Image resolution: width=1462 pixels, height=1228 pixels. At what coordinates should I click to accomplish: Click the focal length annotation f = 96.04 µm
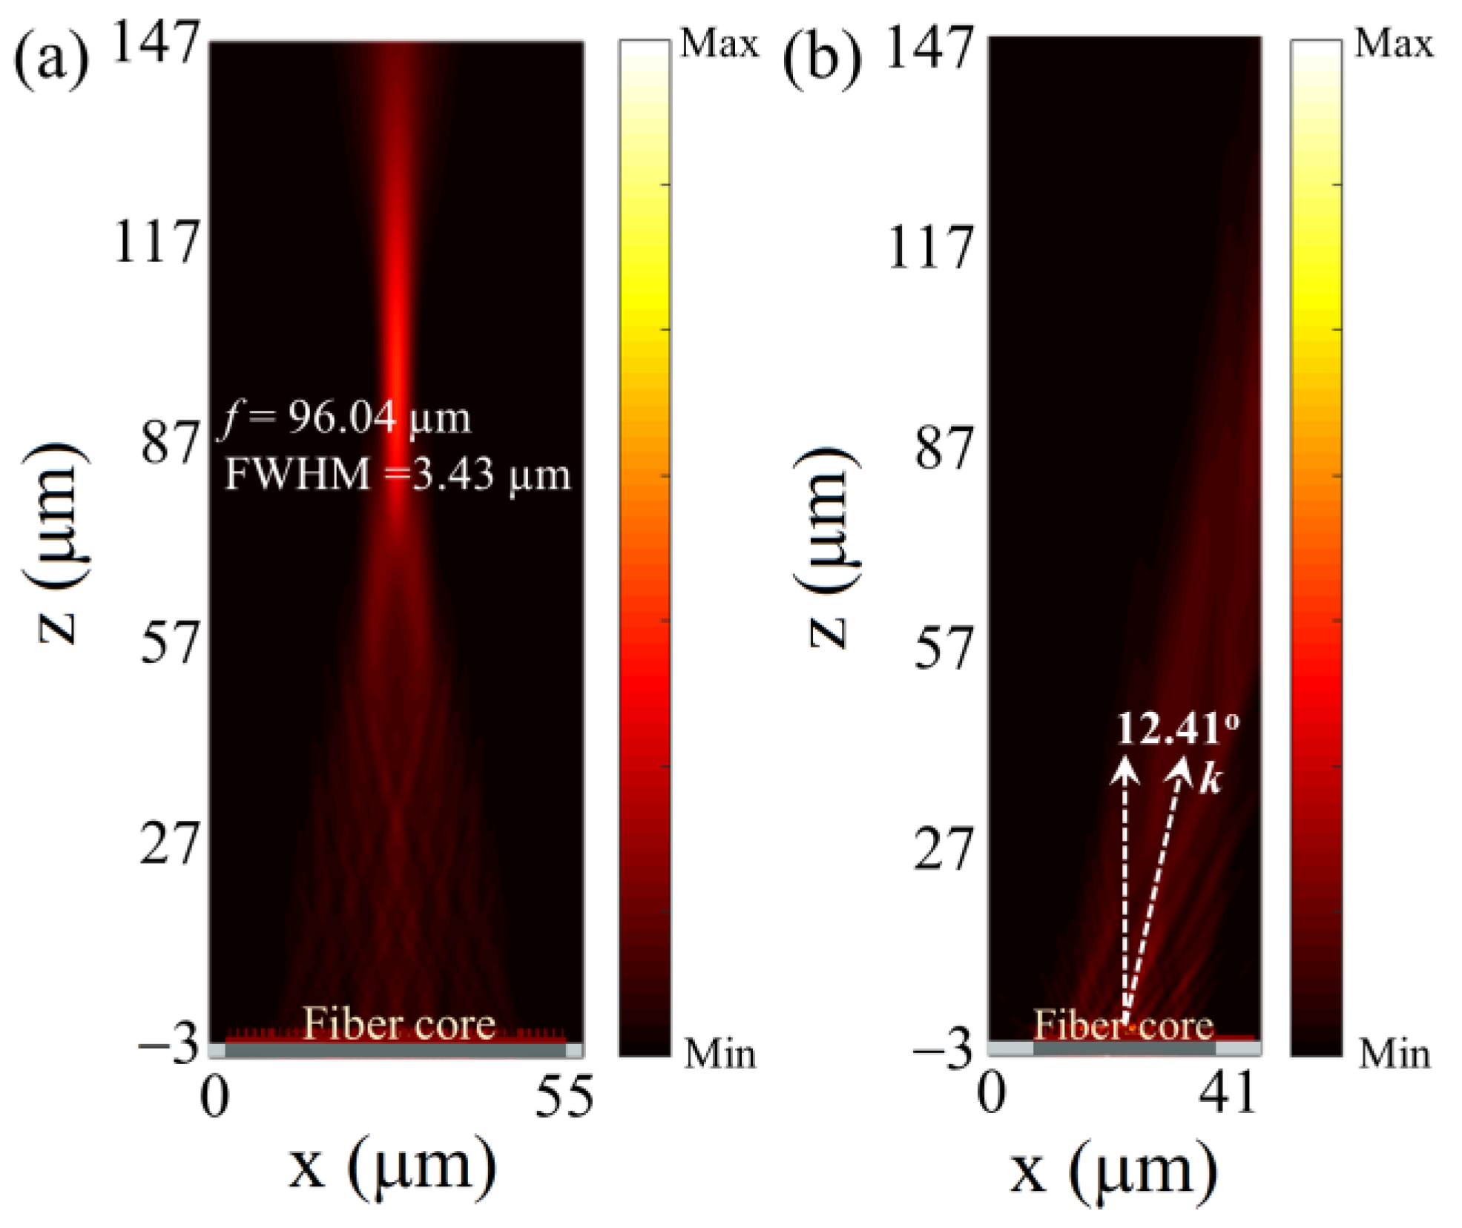click(x=346, y=419)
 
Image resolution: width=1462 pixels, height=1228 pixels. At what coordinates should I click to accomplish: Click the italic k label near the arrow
click(x=1210, y=780)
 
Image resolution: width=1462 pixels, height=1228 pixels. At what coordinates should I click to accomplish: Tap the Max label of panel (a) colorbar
click(x=719, y=44)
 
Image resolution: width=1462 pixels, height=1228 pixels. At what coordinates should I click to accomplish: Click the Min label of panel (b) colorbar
click(x=1394, y=1054)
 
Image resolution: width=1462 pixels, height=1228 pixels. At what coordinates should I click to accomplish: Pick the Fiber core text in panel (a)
click(x=398, y=1025)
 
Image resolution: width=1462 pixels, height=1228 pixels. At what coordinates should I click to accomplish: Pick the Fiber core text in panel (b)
click(x=1124, y=1026)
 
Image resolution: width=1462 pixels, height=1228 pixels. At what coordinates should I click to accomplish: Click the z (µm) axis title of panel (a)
click(x=58, y=545)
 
